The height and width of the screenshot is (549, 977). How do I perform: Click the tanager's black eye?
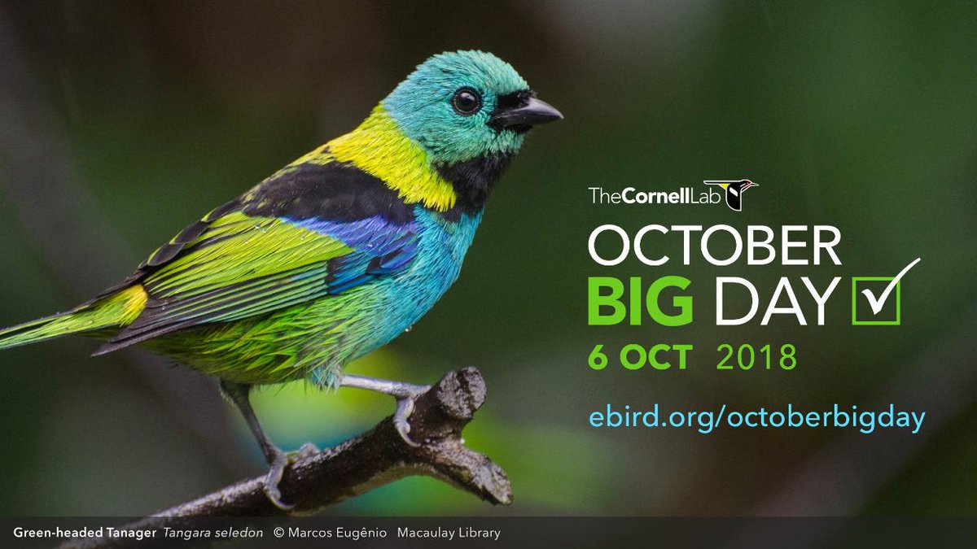pyautogui.click(x=467, y=101)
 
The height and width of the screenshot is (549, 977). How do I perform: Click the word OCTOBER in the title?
pyautogui.click(x=714, y=246)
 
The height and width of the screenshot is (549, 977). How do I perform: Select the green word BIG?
pyautogui.click(x=640, y=302)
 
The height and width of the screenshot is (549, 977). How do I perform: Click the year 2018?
pyautogui.click(x=756, y=358)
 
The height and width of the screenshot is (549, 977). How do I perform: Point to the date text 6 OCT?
pyautogui.click(x=640, y=358)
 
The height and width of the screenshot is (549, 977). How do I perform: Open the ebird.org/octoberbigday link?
pyautogui.click(x=757, y=418)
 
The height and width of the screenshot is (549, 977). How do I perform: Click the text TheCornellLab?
pyautogui.click(x=643, y=196)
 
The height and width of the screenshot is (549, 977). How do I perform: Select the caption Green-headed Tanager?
pyautogui.click(x=84, y=534)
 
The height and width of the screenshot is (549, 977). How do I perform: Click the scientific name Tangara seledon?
pyautogui.click(x=213, y=534)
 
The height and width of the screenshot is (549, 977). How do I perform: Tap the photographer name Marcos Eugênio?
pyautogui.click(x=336, y=534)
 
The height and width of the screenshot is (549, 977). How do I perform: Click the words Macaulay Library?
pyautogui.click(x=449, y=534)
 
